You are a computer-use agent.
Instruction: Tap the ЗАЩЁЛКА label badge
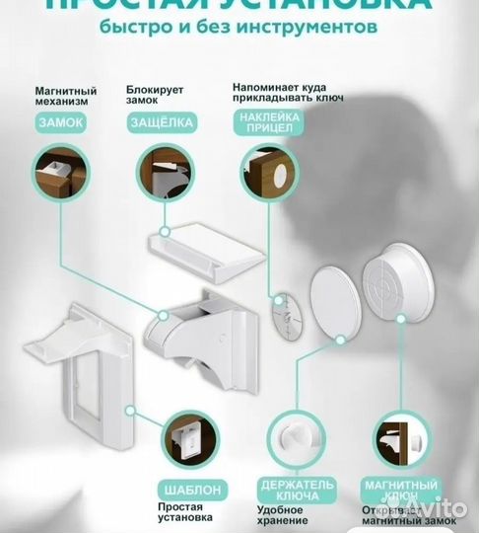[162, 122]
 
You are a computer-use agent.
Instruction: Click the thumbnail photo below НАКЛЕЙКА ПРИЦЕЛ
[268, 176]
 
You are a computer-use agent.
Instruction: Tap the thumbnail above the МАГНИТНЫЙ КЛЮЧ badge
[405, 435]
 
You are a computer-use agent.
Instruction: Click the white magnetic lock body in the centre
[203, 326]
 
